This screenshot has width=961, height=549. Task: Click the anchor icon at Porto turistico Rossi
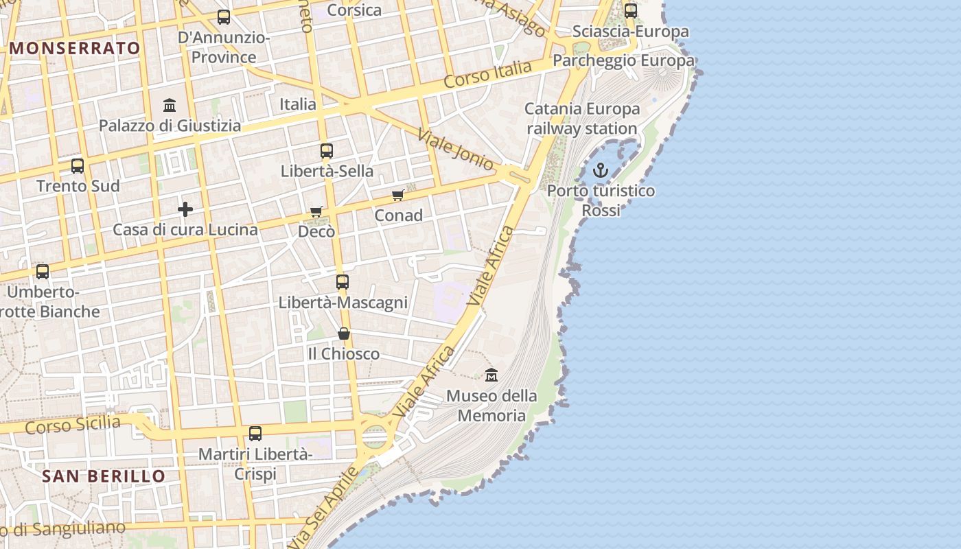(601, 170)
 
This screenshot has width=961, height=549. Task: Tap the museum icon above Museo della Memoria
(491, 375)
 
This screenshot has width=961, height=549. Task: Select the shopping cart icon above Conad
(397, 196)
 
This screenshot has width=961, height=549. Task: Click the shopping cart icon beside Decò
(316, 211)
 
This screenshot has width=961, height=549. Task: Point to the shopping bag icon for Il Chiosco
(344, 334)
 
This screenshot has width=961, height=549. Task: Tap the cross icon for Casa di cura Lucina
(185, 209)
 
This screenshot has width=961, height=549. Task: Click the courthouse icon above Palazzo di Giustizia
(170, 106)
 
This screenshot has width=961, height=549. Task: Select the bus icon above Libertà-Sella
(327, 151)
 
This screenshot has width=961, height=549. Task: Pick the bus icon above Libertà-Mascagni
(343, 282)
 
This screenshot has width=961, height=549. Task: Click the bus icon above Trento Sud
(78, 166)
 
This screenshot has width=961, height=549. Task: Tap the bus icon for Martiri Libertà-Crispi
(255, 434)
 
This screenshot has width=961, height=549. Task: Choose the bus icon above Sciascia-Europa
(631, 11)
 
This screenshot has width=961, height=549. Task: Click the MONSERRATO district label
(76, 48)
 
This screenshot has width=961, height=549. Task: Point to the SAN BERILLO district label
(104, 476)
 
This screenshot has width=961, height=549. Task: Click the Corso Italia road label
(487, 74)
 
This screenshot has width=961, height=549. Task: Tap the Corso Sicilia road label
(73, 425)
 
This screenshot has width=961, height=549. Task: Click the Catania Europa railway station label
(582, 119)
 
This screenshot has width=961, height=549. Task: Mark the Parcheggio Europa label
(623, 60)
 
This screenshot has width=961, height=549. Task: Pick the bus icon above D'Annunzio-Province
(224, 17)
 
